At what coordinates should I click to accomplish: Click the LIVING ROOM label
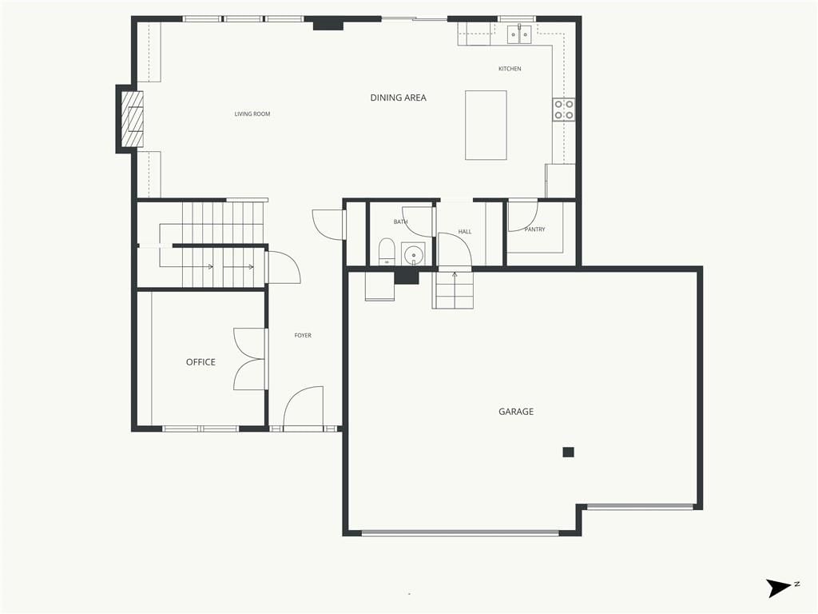252,114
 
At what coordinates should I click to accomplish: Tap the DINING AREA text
398,98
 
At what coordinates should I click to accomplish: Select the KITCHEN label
510,69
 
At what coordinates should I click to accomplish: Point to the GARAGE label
516,412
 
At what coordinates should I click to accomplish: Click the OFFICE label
201,362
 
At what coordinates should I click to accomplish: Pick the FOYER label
303,335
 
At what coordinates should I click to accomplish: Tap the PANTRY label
534,229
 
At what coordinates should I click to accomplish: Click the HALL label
465,231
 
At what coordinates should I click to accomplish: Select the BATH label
401,222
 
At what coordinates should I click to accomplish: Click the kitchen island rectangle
486,125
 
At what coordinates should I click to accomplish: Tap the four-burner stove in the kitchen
564,110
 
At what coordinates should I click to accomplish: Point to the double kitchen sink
519,34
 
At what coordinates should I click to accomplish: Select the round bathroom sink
413,255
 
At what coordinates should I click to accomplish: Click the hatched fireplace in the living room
132,119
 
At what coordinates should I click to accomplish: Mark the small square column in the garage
568,453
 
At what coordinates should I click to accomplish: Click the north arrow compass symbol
778,588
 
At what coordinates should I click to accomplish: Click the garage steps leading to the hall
453,290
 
